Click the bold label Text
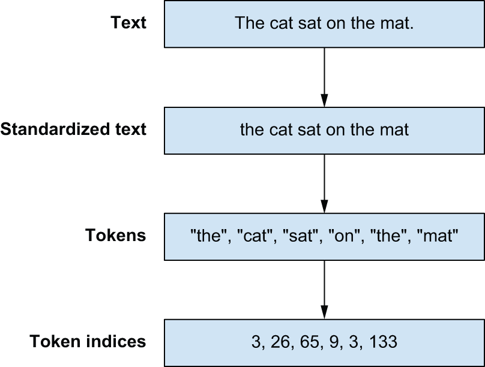click(x=128, y=23)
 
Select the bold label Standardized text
click(x=73, y=129)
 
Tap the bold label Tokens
click(x=115, y=235)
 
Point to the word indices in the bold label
click(x=116, y=341)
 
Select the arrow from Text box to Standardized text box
click(x=324, y=77)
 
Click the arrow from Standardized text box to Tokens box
click(x=324, y=183)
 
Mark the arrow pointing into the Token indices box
click(x=324, y=290)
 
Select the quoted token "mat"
click(x=438, y=236)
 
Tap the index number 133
click(x=383, y=342)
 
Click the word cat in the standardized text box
click(x=280, y=129)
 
